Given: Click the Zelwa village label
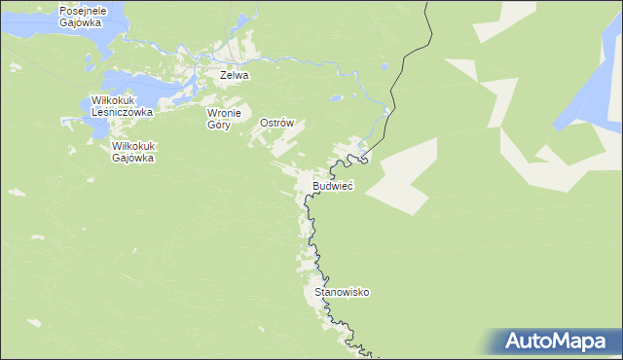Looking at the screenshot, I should coord(235,75).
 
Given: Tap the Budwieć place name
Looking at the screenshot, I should coord(333,185).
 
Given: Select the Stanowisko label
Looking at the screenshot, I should coord(343,292).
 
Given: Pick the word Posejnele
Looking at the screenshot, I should coord(82,10).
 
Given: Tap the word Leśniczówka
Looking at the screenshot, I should coord(123,112).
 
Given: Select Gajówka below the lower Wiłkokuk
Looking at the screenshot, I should coord(134,158).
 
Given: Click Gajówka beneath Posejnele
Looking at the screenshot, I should coord(81,22).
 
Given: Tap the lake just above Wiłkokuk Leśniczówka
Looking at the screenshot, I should coord(122,81).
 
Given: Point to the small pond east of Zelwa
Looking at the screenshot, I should coord(335,97).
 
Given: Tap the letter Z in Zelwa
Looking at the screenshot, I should coord(224,75).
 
